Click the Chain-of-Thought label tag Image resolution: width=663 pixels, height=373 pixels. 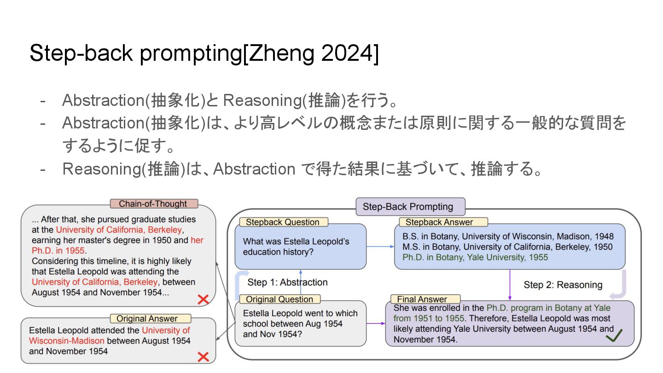coord(153,204)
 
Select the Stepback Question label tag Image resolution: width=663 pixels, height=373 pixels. coord(282,222)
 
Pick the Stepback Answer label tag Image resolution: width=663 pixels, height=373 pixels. coord(439,222)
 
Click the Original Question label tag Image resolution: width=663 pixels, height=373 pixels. coord(279,299)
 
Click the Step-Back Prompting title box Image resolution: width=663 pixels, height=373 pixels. coord(410,207)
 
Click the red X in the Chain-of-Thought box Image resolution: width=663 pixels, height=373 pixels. coord(203,300)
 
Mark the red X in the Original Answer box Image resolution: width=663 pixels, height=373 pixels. coord(203,356)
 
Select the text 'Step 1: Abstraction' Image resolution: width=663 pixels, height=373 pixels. coord(287,282)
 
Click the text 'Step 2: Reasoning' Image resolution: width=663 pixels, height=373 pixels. coord(563,285)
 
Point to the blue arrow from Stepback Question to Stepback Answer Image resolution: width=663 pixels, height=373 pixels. coord(380,247)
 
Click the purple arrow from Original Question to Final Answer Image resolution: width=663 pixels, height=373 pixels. coord(376,323)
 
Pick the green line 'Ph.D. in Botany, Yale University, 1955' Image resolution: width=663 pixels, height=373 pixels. coord(475,257)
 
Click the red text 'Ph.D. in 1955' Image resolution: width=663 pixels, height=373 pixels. coord(58,251)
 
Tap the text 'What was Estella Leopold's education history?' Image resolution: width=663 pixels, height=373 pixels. coord(296,247)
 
